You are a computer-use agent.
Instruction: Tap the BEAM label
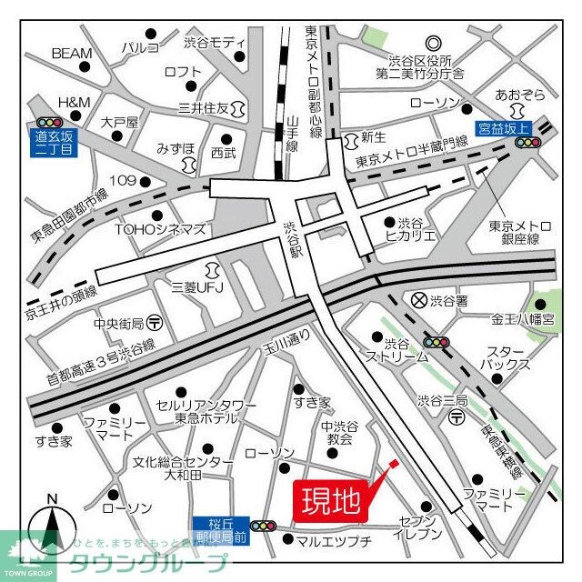coord(72,54)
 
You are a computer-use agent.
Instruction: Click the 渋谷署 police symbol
coord(419,298)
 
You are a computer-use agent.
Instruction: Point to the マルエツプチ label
coord(334,541)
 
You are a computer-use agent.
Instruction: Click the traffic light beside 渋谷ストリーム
coord(438,342)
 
